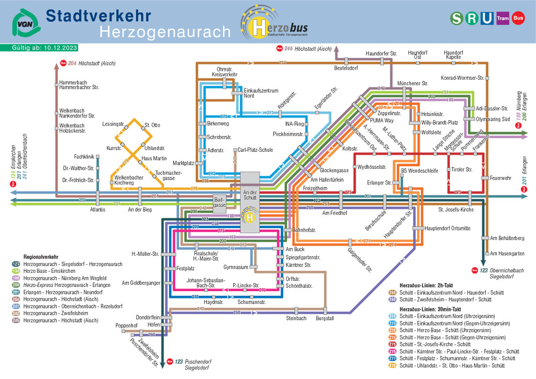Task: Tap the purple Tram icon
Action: [x=502, y=18]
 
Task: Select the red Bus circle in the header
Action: [x=518, y=18]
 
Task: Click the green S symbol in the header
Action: [x=457, y=18]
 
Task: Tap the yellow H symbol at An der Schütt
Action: [x=249, y=217]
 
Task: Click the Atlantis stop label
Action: [x=98, y=210]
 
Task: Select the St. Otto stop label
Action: [x=152, y=125]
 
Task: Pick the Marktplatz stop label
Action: [x=183, y=162]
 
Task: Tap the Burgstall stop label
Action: [x=325, y=318]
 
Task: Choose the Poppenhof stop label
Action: [x=127, y=325]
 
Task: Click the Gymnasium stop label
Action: [x=236, y=267]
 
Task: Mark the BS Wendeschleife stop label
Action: [x=420, y=171]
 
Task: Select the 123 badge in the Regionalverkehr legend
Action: [x=16, y=264]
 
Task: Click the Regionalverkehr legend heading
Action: [x=41, y=257]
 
